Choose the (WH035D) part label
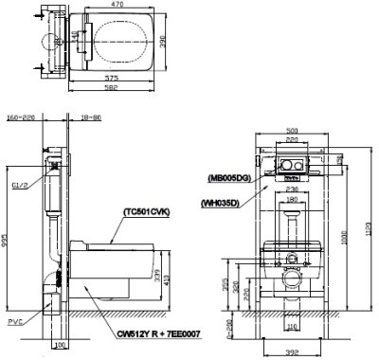(x=224, y=201)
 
